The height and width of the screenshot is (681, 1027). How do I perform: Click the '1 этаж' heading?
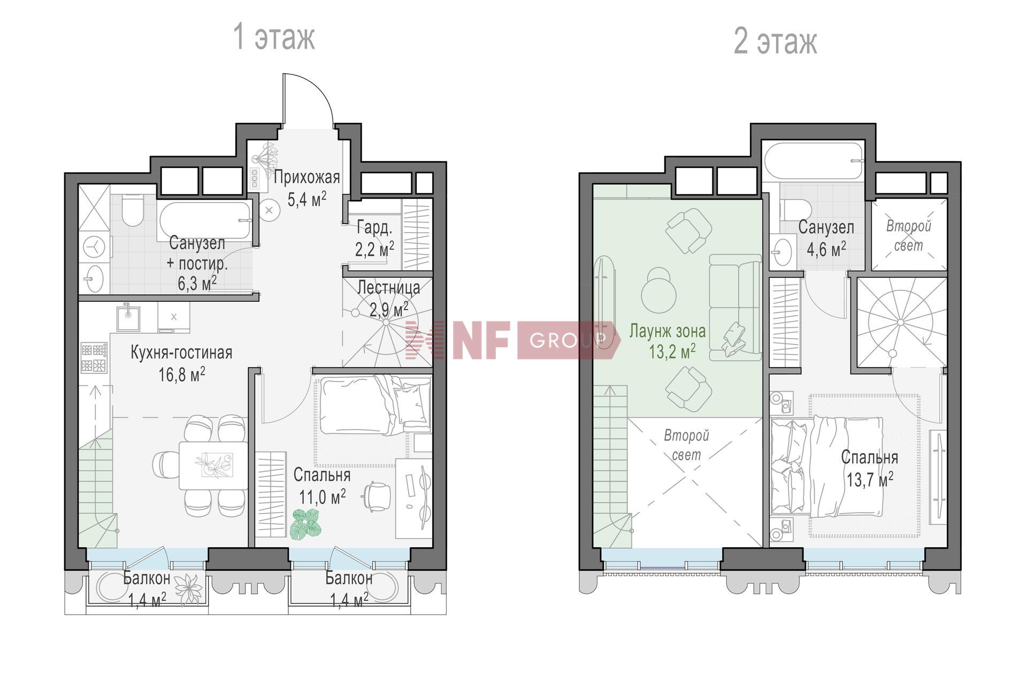[274, 37]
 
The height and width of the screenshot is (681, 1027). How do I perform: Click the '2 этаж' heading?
[775, 41]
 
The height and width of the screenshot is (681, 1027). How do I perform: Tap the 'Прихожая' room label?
[307, 177]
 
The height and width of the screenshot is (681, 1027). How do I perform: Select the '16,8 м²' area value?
[182, 374]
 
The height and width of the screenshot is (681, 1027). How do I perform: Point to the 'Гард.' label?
[374, 228]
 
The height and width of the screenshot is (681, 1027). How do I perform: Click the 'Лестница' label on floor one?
[388, 288]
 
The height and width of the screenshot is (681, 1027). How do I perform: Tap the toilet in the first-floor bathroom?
[132, 210]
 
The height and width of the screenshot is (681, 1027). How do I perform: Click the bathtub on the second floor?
[814, 160]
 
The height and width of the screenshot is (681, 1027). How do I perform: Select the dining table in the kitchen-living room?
[213, 465]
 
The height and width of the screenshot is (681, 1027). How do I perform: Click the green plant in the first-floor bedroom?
[306, 524]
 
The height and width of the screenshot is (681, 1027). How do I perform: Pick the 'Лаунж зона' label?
[667, 331]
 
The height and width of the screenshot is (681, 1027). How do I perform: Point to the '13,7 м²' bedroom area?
[870, 480]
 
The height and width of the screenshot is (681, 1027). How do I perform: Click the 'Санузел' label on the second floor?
[826, 227]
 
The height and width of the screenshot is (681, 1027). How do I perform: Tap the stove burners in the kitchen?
[94, 358]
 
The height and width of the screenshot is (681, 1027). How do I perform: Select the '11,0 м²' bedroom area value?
[322, 497]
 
